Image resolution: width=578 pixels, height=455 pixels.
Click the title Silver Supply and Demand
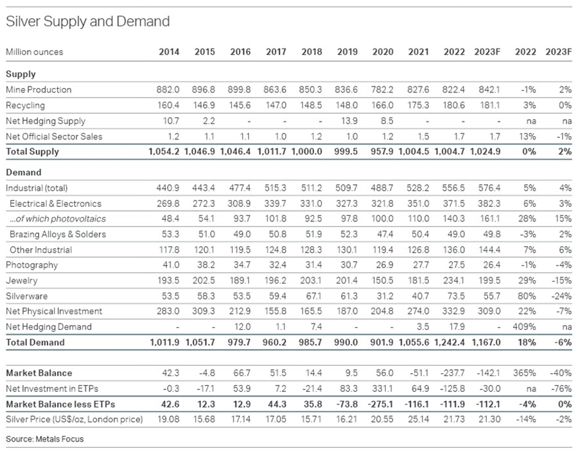click(87, 21)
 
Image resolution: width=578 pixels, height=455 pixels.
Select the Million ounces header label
click(35, 51)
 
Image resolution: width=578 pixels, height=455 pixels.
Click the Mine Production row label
click(39, 89)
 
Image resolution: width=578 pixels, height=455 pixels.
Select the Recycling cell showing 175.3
click(419, 105)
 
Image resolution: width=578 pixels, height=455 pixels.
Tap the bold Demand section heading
click(24, 172)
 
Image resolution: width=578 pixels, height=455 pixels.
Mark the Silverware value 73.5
click(455, 296)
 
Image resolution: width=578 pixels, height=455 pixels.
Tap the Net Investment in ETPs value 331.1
click(383, 388)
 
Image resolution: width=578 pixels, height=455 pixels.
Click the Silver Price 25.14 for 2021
click(419, 419)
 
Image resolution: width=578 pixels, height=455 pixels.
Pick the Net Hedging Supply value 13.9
click(349, 121)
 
